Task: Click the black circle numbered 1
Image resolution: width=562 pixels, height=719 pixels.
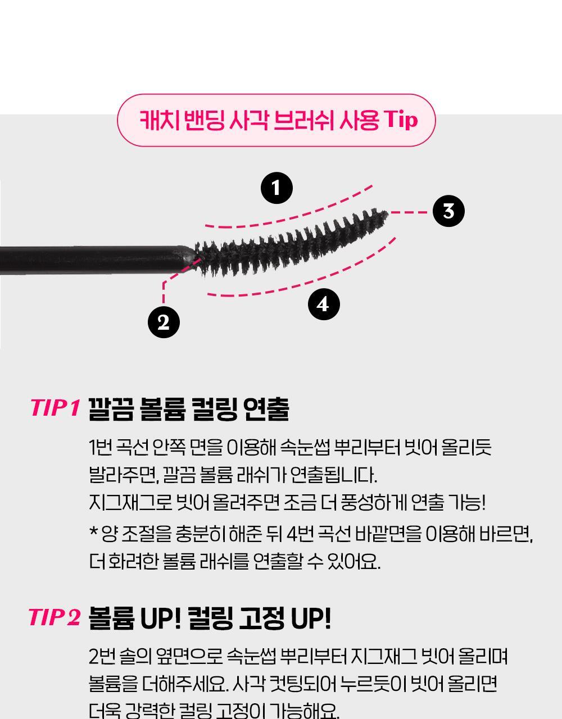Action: [277, 188]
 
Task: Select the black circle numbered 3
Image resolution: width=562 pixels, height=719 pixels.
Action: [448, 211]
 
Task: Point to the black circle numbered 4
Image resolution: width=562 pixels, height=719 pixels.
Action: [323, 304]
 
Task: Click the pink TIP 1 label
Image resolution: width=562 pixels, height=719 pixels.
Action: [55, 408]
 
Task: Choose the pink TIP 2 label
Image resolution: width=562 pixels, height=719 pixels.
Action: [55, 617]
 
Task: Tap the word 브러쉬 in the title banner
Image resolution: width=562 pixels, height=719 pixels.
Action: [303, 121]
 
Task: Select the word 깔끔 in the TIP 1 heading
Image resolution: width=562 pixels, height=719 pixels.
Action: [111, 409]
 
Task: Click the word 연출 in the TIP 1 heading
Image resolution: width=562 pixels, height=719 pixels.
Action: [267, 409]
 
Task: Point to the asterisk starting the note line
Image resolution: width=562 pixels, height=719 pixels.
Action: [93, 531]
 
